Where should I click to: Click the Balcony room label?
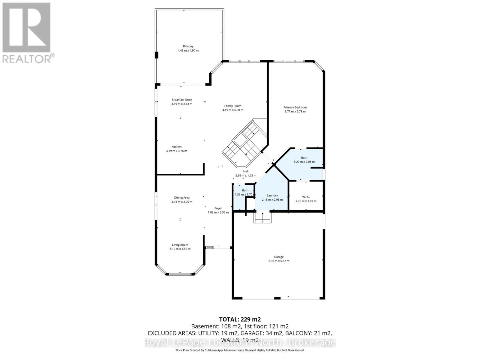pyautogui.click(x=188, y=46)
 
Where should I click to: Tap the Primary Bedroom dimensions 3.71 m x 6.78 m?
pyautogui.click(x=295, y=112)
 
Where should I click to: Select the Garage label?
pyautogui.click(x=279, y=257)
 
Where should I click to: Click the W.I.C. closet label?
pyautogui.click(x=306, y=197)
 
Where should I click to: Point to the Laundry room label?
pyautogui.click(x=272, y=196)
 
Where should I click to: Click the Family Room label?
pyautogui.click(x=233, y=106)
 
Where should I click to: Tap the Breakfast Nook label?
pyautogui.click(x=182, y=100)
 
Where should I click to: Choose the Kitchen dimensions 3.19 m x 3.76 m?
pyautogui.click(x=176, y=151)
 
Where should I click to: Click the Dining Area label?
pyautogui.click(x=182, y=198)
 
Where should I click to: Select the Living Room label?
pyautogui.click(x=180, y=245)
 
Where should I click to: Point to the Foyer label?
pyautogui.click(x=218, y=208)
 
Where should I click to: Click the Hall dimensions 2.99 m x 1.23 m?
pyautogui.click(x=246, y=175)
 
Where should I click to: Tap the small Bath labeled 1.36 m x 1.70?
pyautogui.click(x=245, y=190)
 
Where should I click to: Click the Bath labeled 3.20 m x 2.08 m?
pyautogui.click(x=304, y=158)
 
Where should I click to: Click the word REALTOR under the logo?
pyautogui.click(x=27, y=58)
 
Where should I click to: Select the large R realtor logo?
pyautogui.click(x=26, y=27)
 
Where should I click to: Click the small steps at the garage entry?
pyautogui.click(x=262, y=217)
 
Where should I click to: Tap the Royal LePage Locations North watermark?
pyautogui.click(x=240, y=343)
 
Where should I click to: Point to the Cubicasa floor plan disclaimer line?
pyautogui.click(x=240, y=350)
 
